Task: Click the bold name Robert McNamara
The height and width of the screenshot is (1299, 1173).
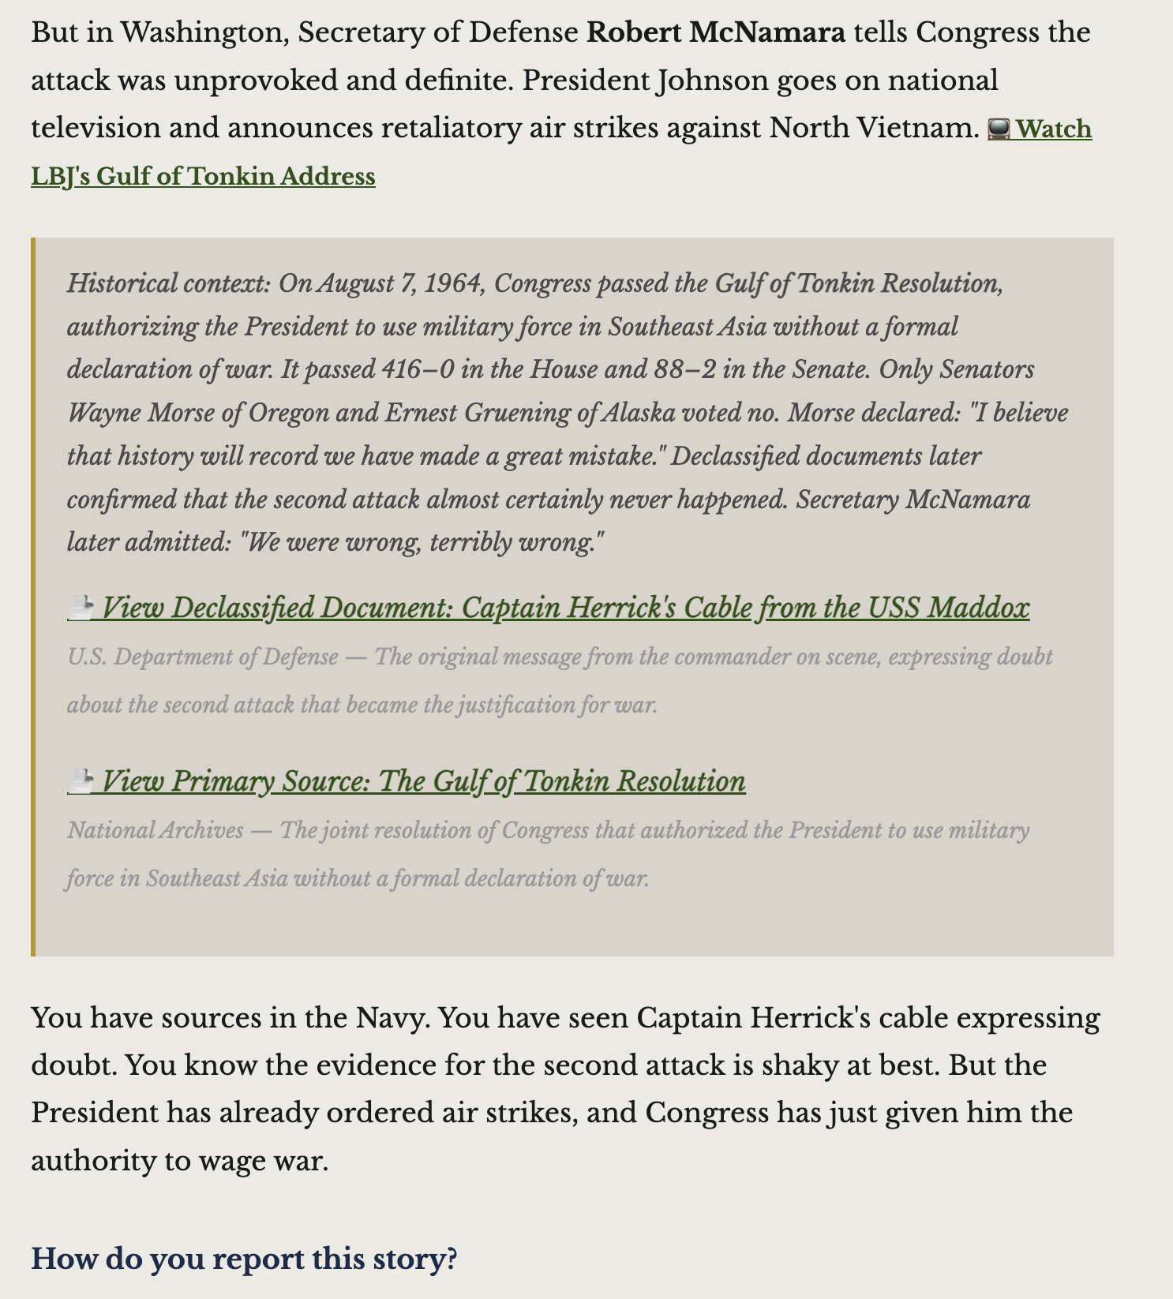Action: tap(716, 33)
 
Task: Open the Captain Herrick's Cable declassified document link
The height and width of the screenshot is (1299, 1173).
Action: tap(565, 608)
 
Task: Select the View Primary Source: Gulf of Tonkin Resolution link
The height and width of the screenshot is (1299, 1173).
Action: tap(423, 781)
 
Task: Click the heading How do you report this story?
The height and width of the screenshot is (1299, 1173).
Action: tap(244, 1258)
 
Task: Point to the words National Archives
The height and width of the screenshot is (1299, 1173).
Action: tap(156, 830)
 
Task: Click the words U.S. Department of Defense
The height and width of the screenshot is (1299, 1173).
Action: tap(203, 657)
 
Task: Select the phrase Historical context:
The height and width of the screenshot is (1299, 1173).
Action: tap(168, 283)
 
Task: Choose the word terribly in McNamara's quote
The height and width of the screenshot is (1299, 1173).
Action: tap(463, 543)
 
